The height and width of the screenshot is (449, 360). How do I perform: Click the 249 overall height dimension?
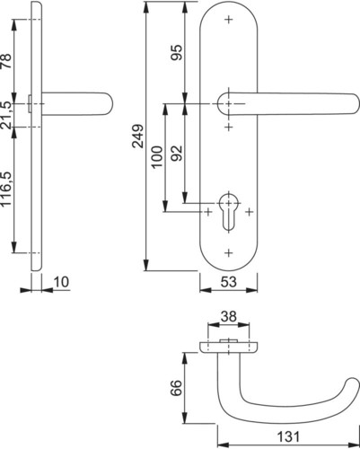click(x=138, y=136)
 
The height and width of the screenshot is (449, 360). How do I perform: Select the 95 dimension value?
click(x=177, y=52)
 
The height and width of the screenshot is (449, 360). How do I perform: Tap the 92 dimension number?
click(x=177, y=153)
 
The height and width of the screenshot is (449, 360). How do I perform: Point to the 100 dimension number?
click(x=157, y=157)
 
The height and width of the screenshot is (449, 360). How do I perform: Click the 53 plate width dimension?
click(x=229, y=282)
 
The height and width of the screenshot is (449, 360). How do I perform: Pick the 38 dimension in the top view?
click(x=229, y=316)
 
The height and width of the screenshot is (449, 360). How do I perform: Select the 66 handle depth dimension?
click(x=177, y=388)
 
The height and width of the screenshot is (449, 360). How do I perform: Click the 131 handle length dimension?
click(x=288, y=436)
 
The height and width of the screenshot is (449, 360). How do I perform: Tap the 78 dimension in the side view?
click(x=7, y=61)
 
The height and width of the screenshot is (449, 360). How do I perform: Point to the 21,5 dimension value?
click(x=7, y=115)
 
